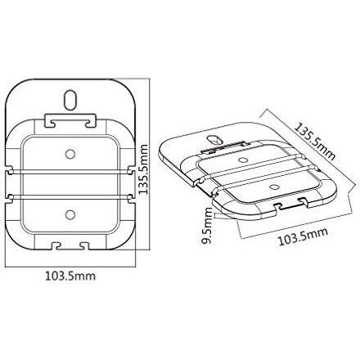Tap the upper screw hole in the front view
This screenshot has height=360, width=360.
[x=69, y=153]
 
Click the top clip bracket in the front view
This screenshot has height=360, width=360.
[x=69, y=121]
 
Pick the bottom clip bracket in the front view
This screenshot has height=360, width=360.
[x=69, y=244]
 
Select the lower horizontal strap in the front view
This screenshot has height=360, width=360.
[x=69, y=196]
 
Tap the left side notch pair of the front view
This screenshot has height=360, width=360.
[x=11, y=185]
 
